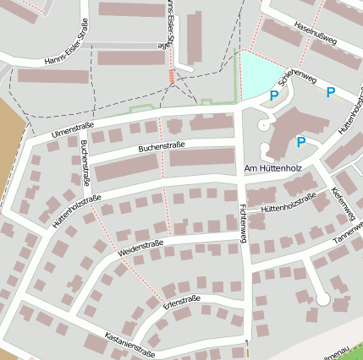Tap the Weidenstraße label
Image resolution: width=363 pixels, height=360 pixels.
(x=140, y=247)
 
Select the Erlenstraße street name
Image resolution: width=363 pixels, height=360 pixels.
(x=181, y=300)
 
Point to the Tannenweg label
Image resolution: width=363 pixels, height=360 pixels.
(x=348, y=235)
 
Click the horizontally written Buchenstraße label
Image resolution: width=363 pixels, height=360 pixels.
(x=162, y=147)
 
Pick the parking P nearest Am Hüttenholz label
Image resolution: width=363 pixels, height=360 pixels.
(x=300, y=142)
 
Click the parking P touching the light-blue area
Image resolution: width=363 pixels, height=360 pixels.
(x=273, y=97)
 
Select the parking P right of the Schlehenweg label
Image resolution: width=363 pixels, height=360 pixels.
(x=331, y=92)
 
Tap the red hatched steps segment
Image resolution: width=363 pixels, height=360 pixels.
(x=173, y=76)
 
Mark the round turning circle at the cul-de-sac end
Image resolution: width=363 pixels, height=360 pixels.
(x=322, y=298)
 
